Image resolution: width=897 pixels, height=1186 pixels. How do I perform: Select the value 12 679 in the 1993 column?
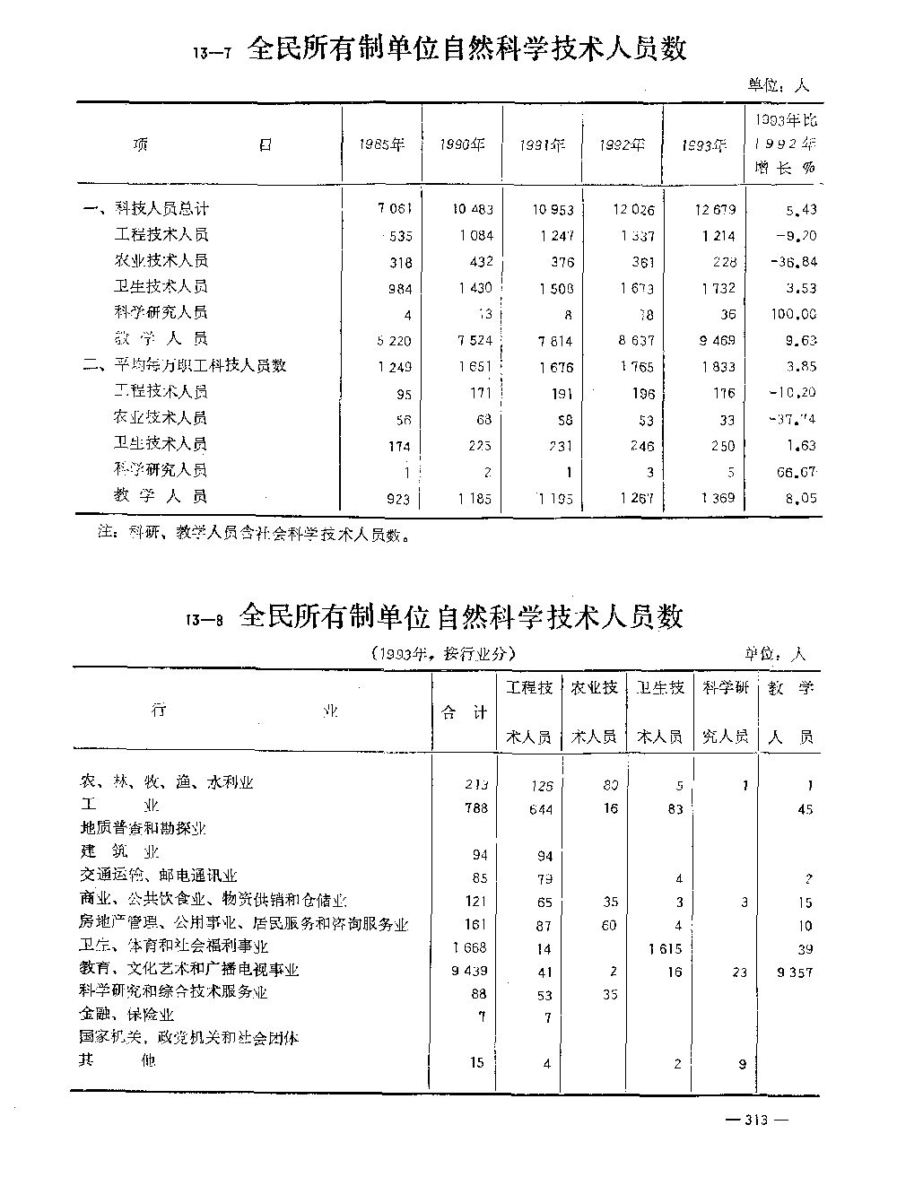(714, 210)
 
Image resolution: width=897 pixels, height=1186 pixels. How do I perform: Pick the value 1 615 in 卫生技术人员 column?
(664, 948)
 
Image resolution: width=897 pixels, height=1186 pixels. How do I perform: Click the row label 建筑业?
(120, 852)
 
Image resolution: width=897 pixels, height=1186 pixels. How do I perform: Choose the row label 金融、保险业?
(126, 1015)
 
